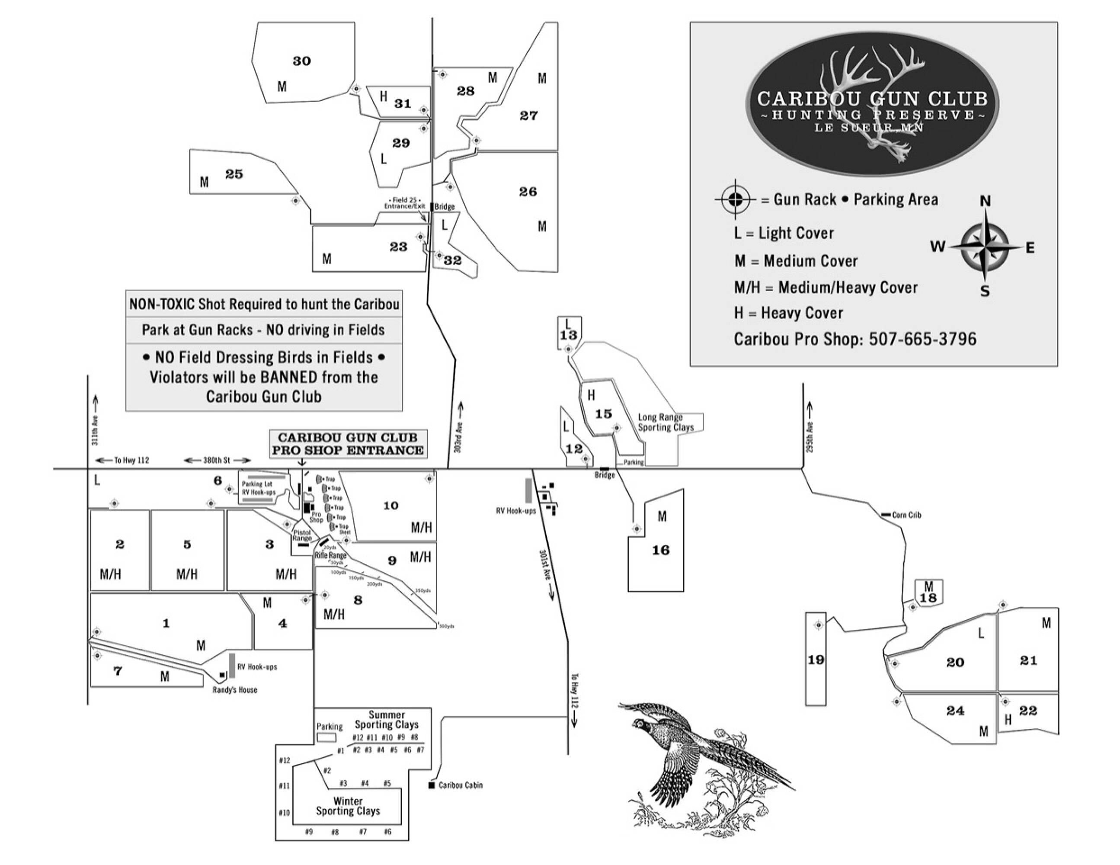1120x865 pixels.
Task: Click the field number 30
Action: click(x=301, y=61)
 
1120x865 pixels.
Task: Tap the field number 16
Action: click(x=660, y=550)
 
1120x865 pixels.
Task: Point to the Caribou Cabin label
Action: click(x=460, y=785)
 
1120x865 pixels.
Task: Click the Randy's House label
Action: click(x=235, y=690)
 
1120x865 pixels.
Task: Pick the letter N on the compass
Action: click(x=985, y=201)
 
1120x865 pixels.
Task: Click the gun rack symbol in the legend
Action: click(x=735, y=199)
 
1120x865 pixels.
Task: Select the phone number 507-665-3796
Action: click(x=922, y=339)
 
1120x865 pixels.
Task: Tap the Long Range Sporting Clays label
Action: click(x=665, y=422)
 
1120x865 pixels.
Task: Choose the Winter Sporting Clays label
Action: click(x=348, y=806)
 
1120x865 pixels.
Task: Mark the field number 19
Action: click(x=816, y=660)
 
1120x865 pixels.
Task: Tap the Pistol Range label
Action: click(x=302, y=535)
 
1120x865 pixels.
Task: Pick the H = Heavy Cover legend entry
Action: click(x=788, y=313)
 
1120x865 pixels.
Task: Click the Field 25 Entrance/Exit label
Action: click(x=405, y=203)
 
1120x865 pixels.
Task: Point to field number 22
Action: click(x=1028, y=711)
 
